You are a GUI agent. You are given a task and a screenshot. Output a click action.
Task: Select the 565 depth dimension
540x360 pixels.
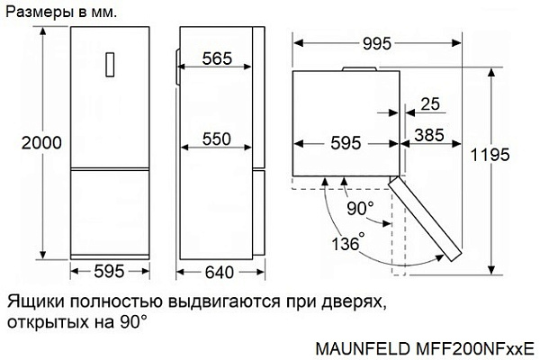coord(217,58)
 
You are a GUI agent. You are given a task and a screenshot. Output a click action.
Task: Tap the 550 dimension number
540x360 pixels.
coord(217,139)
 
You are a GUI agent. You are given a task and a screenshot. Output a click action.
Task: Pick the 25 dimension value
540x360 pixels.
coord(430,104)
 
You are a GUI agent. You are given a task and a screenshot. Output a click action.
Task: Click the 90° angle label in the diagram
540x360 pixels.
coord(359,209)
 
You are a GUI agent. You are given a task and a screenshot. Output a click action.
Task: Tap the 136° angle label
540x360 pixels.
coord(347,243)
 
